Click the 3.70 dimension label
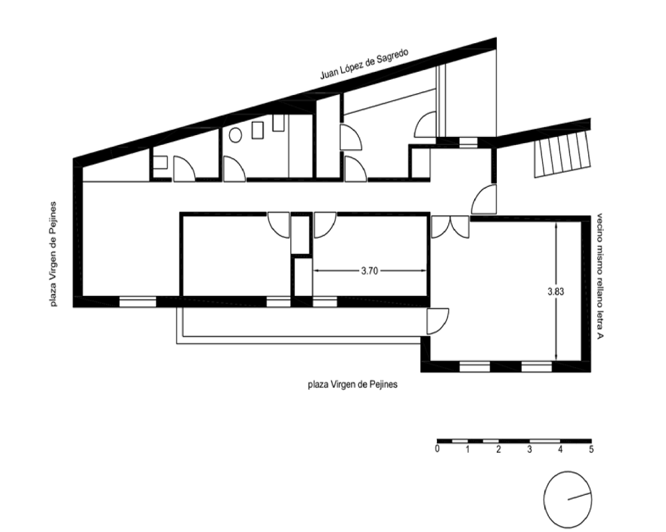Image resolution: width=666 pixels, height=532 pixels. point(370,271)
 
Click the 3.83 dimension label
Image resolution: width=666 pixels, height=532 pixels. point(556,291)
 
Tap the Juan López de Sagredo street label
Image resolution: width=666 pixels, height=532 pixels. point(364,64)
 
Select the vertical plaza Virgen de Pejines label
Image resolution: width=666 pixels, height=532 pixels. point(53,253)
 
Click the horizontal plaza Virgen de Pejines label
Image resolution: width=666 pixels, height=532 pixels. point(352,384)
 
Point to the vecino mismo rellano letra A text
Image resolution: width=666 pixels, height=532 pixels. point(600,276)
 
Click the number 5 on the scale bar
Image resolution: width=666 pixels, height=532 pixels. point(591,449)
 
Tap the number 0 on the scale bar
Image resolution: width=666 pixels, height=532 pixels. point(437,449)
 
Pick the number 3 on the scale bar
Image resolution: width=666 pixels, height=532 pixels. point(529,449)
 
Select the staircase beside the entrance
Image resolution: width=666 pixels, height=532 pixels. point(562,154)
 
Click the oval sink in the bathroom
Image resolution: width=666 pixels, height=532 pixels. point(235,136)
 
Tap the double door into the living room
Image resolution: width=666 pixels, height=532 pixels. point(450,227)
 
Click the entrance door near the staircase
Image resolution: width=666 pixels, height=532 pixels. point(484,199)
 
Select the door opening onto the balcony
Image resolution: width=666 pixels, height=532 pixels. point(438,321)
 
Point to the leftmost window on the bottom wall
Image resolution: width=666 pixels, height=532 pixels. point(138,302)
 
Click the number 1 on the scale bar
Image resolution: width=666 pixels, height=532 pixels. point(468,449)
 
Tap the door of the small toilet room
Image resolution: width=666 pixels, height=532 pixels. point(184,169)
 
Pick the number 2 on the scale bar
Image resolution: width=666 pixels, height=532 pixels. point(499,449)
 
